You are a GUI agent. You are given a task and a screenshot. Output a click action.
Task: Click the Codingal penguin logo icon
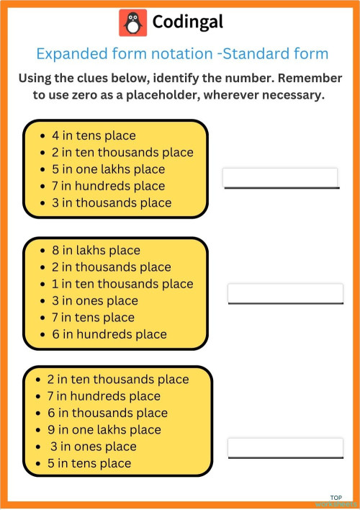click(132, 23)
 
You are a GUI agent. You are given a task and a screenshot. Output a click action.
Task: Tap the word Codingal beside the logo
click(188, 23)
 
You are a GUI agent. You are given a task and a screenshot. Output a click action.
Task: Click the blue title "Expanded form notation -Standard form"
click(182, 54)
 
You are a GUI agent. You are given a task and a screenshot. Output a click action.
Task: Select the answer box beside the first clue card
click(280, 177)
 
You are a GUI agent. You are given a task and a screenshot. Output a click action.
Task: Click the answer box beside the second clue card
click(285, 293)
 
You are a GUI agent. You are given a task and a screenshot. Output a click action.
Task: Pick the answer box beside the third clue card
click(285, 447)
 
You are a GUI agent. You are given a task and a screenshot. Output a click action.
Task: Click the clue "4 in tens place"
click(94, 135)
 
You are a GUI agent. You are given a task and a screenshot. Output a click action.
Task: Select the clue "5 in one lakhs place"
click(108, 169)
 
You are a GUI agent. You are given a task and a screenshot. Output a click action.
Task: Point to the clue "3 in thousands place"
click(112, 202)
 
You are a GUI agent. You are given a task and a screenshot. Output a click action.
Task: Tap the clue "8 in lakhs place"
click(96, 251)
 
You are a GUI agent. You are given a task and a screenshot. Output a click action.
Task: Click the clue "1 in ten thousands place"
click(122, 284)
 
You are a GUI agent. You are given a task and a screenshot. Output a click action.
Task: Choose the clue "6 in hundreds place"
click(109, 334)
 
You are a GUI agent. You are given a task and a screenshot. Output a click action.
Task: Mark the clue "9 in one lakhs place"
click(104, 429)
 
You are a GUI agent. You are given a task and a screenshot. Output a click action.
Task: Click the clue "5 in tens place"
click(89, 463)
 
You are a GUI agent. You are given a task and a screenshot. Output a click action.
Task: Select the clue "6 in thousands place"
click(107, 413)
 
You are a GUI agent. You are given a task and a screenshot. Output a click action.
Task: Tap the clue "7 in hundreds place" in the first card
click(109, 186)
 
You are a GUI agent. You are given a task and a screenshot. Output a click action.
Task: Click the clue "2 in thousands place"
click(112, 267)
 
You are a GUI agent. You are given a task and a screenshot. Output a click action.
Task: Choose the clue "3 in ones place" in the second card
click(94, 300)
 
